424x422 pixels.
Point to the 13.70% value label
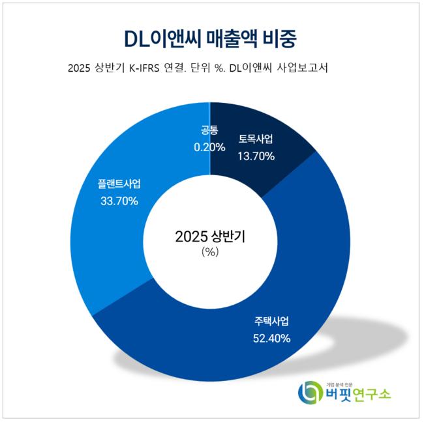pyautogui.click(x=256, y=156)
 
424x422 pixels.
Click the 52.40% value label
pyautogui.click(x=271, y=338)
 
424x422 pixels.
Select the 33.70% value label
pyautogui.click(x=119, y=201)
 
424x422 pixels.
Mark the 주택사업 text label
pyautogui.click(x=271, y=322)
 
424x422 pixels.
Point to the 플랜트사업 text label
pyautogui.click(x=119, y=184)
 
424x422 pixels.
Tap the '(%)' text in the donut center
pyautogui.click(x=210, y=253)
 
